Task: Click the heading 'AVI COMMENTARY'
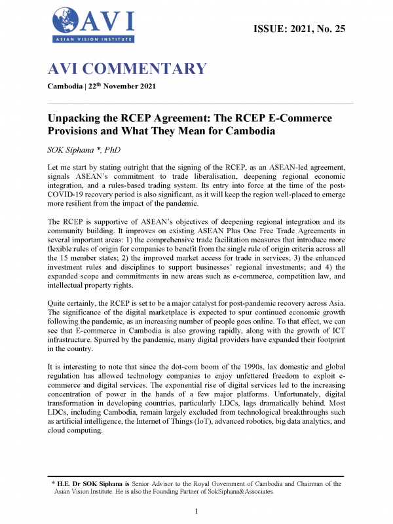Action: point(127,69)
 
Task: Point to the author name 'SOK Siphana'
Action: point(78,149)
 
